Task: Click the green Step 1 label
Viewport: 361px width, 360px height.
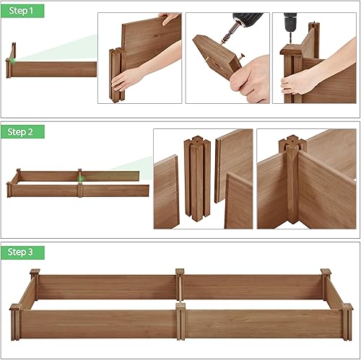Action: pos(22,11)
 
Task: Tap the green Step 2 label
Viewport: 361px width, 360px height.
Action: pos(22,131)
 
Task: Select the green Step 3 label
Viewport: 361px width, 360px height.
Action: pos(22,252)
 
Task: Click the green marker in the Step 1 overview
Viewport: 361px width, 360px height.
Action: pos(14,60)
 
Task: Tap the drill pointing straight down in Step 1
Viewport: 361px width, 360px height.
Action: pos(291,22)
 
